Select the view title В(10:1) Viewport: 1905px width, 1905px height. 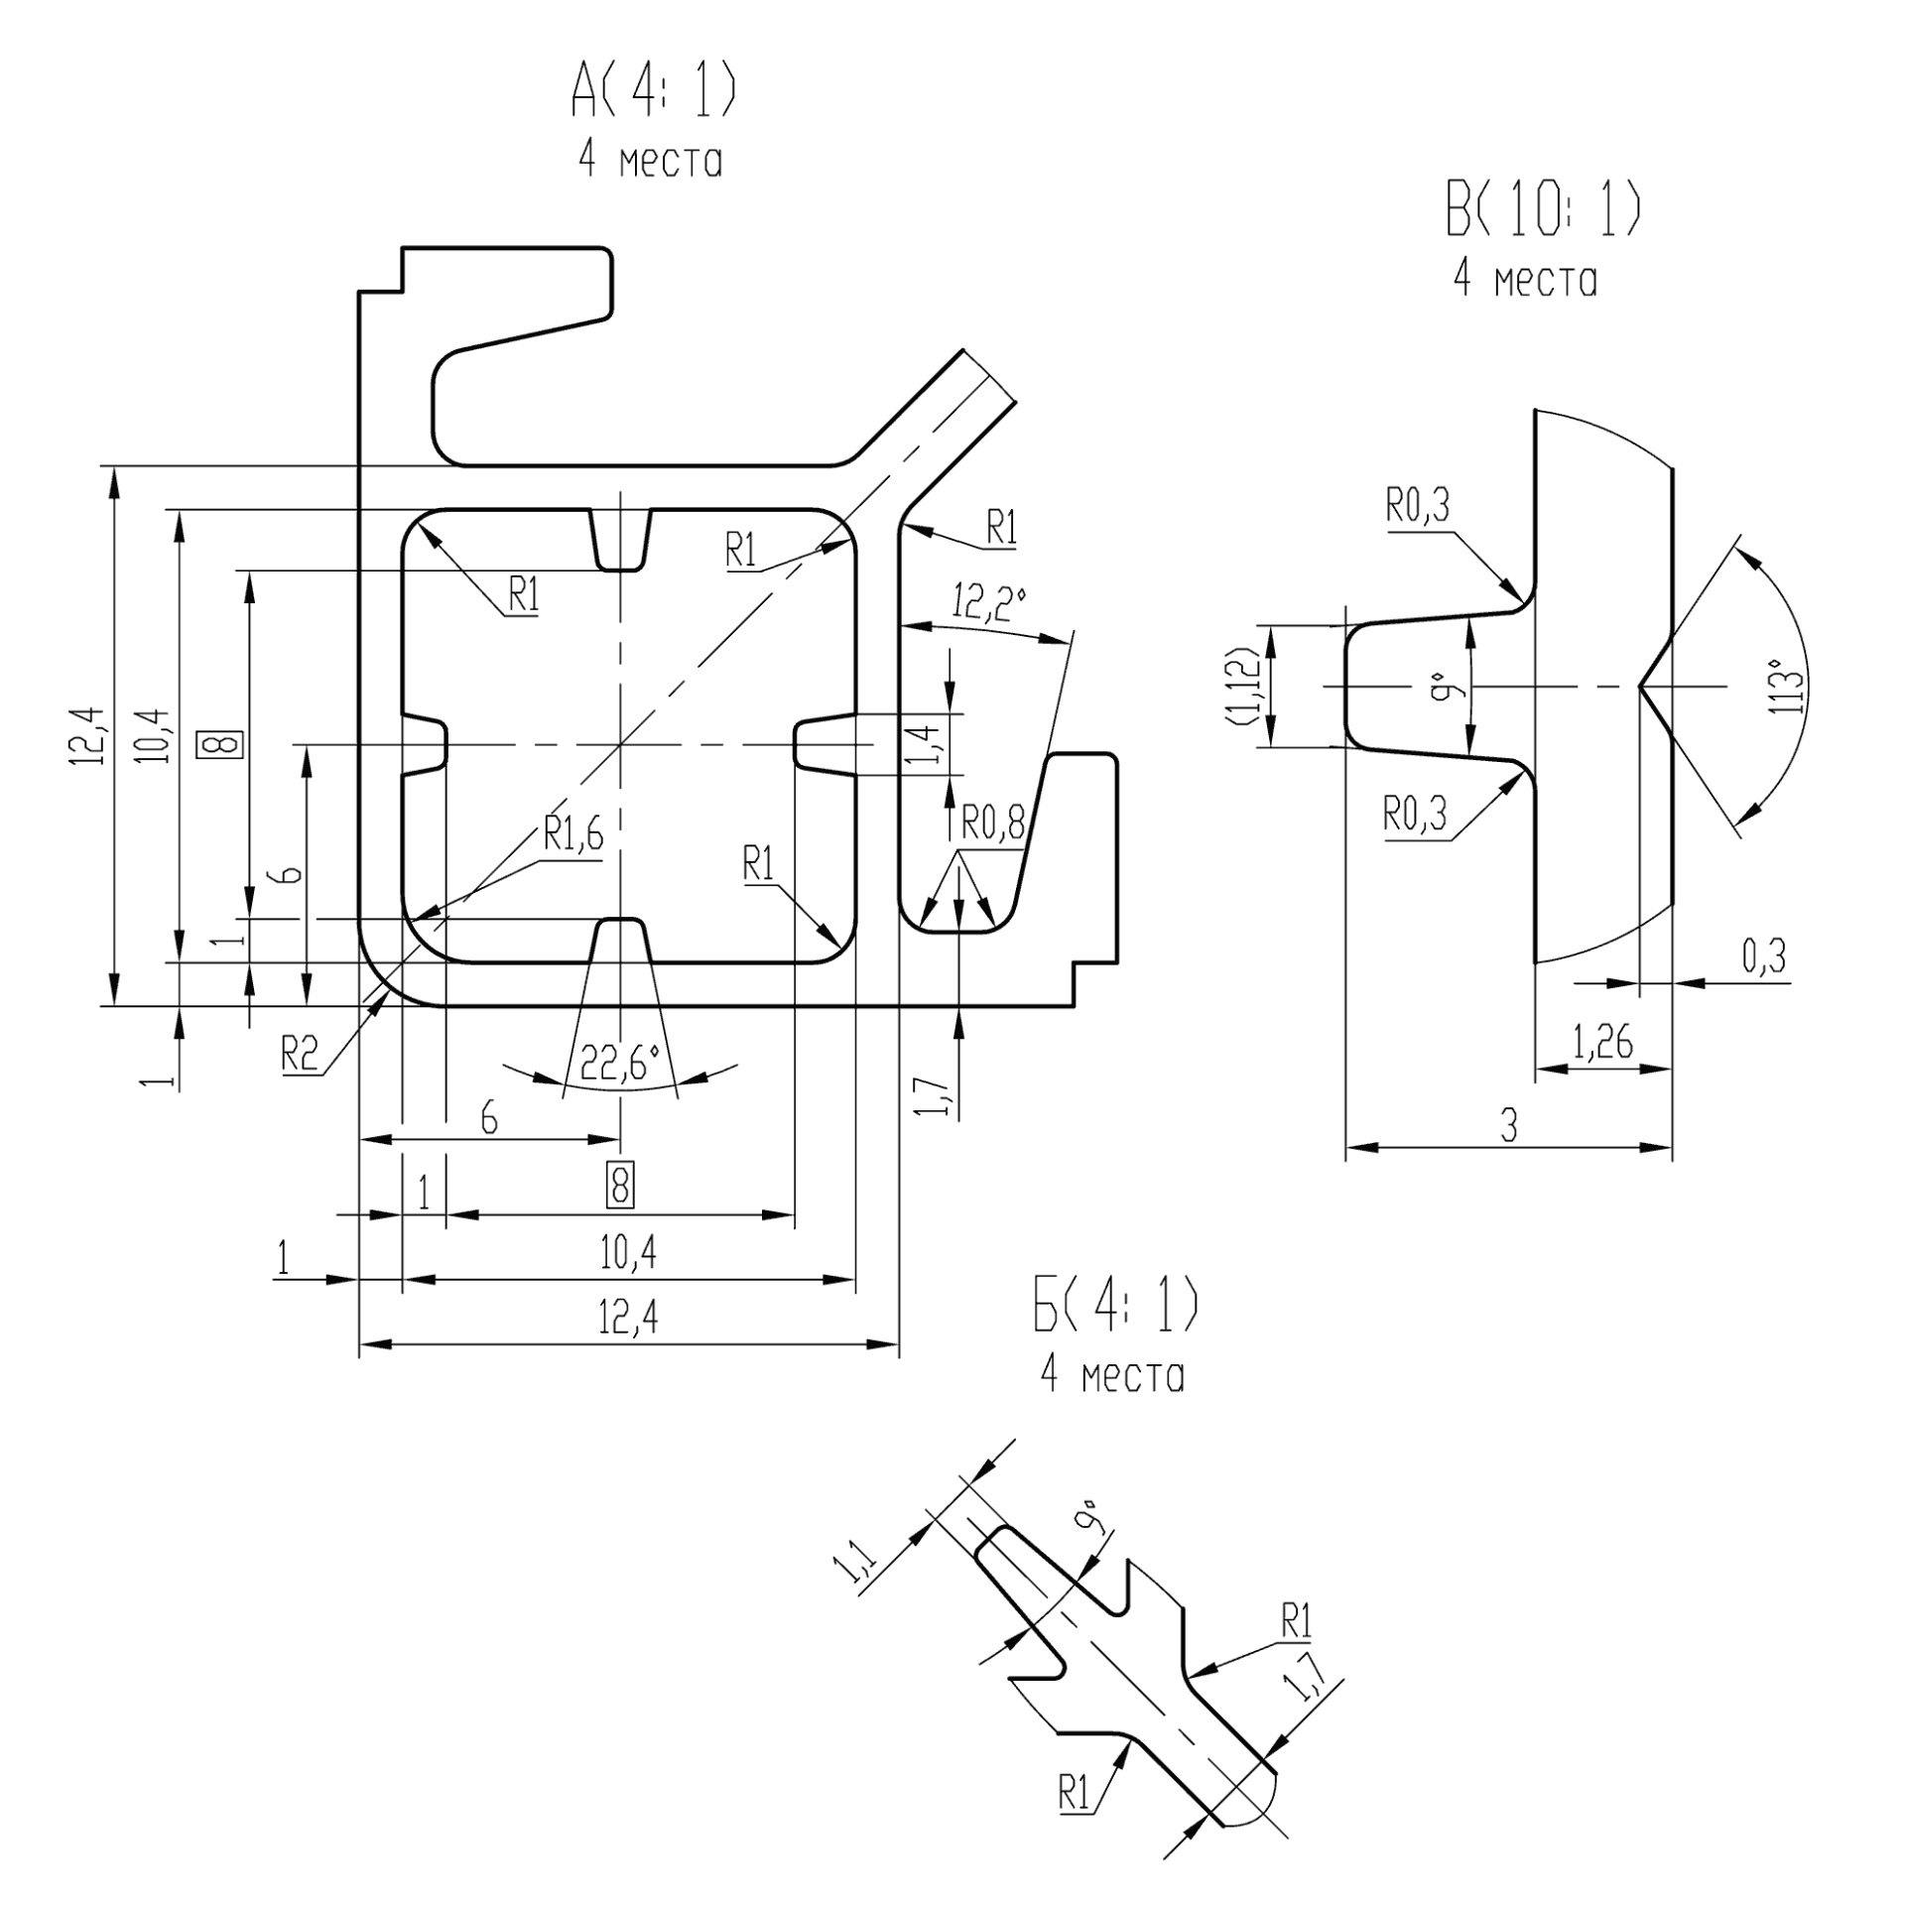[1542, 211]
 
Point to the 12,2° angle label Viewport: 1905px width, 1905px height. [988, 602]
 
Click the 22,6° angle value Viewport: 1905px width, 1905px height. [620, 1065]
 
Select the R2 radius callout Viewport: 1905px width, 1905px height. [299, 1053]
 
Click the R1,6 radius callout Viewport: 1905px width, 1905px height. [572, 836]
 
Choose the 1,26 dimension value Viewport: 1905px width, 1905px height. [1602, 1043]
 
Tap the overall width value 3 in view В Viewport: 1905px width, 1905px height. [1508, 1126]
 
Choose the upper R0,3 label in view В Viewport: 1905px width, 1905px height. [1418, 507]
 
